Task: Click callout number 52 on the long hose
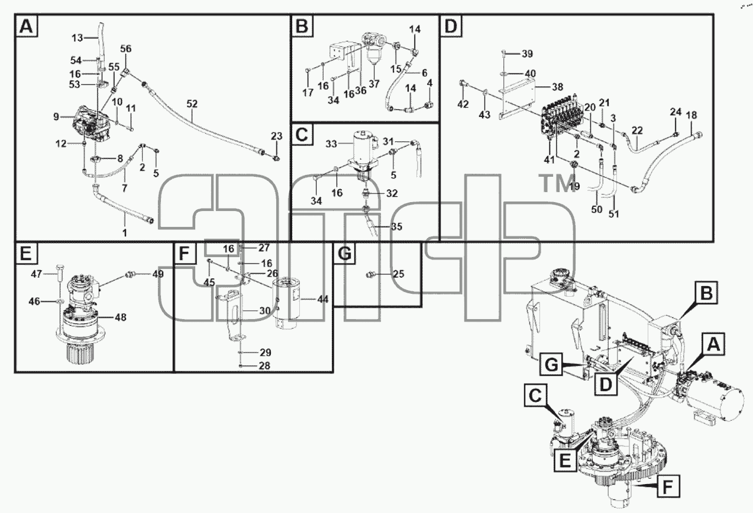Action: (x=192, y=104)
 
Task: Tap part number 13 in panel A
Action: (x=77, y=38)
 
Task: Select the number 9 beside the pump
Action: (x=56, y=116)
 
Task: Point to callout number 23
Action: (x=277, y=136)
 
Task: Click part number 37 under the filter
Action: (x=374, y=84)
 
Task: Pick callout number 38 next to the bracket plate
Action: (x=557, y=87)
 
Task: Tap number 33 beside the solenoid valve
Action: (x=331, y=144)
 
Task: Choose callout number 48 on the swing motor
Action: (x=120, y=317)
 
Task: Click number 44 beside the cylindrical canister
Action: (x=323, y=299)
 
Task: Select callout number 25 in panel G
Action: (x=398, y=274)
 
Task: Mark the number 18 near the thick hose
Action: (x=691, y=115)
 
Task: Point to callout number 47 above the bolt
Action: (x=36, y=274)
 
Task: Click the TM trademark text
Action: (x=555, y=184)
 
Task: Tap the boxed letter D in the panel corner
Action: (x=451, y=26)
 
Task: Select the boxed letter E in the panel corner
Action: (x=26, y=253)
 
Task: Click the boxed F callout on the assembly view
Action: (x=668, y=486)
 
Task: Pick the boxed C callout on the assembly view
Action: (x=535, y=396)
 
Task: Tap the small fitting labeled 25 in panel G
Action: (x=369, y=275)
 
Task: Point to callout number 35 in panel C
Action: (x=397, y=226)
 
